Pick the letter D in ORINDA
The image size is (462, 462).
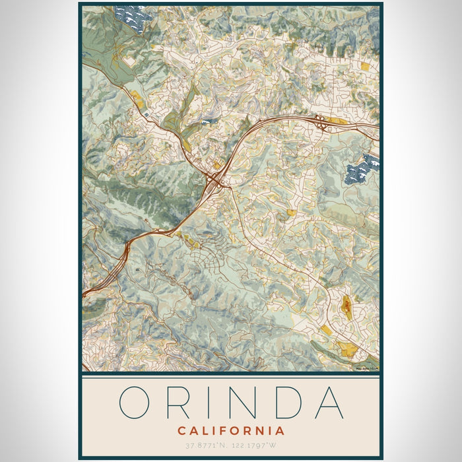[290, 402]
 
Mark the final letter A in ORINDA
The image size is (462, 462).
[329, 402]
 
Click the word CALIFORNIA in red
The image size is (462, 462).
[231, 430]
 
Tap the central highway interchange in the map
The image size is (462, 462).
[215, 178]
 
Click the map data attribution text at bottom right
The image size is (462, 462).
[366, 368]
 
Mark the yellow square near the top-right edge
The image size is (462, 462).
[366, 66]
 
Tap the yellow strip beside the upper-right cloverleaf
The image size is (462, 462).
[337, 121]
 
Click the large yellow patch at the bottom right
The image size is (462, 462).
[346, 348]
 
